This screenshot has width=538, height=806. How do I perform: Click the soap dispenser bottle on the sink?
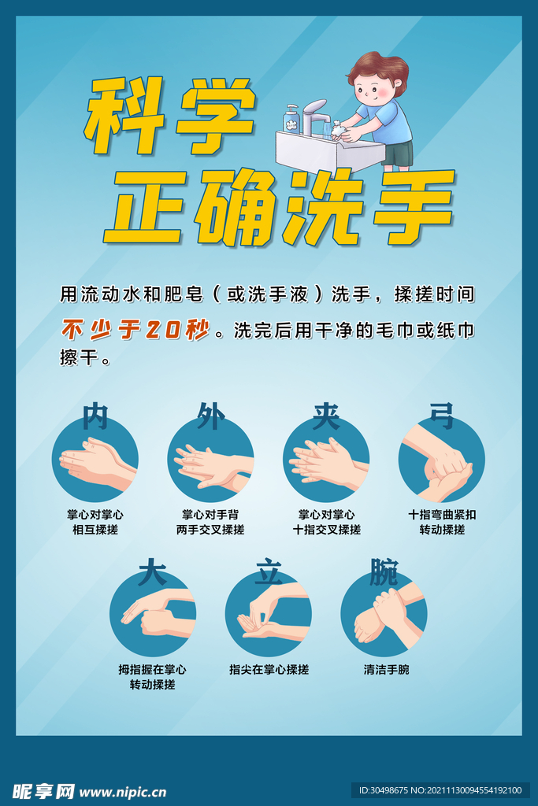(292, 119)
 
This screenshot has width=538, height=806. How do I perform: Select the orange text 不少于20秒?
(135, 330)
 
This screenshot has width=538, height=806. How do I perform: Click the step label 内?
(95, 416)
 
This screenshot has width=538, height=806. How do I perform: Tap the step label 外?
(210, 416)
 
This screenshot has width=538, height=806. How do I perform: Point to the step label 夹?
(325, 416)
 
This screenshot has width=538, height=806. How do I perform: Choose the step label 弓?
(441, 415)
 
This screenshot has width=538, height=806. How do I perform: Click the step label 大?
(152, 572)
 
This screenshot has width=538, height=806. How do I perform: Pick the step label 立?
(268, 573)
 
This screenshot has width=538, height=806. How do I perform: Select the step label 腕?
(384, 572)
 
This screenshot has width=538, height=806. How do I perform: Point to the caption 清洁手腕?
(386, 670)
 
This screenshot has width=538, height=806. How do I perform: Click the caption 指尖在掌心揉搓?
(269, 670)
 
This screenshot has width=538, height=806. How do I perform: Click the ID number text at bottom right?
(440, 790)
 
